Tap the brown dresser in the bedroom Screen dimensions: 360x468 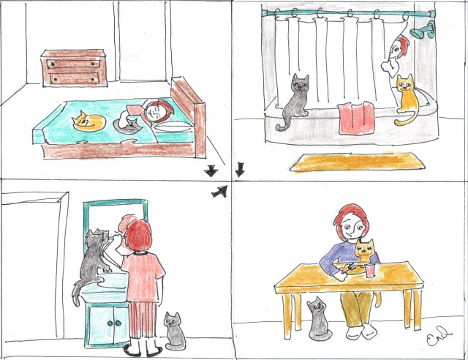75,69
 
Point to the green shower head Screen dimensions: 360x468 422,31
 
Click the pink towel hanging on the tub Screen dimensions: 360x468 356,118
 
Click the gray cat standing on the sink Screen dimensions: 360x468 92,263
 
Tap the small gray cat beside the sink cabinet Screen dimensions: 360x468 173,331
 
